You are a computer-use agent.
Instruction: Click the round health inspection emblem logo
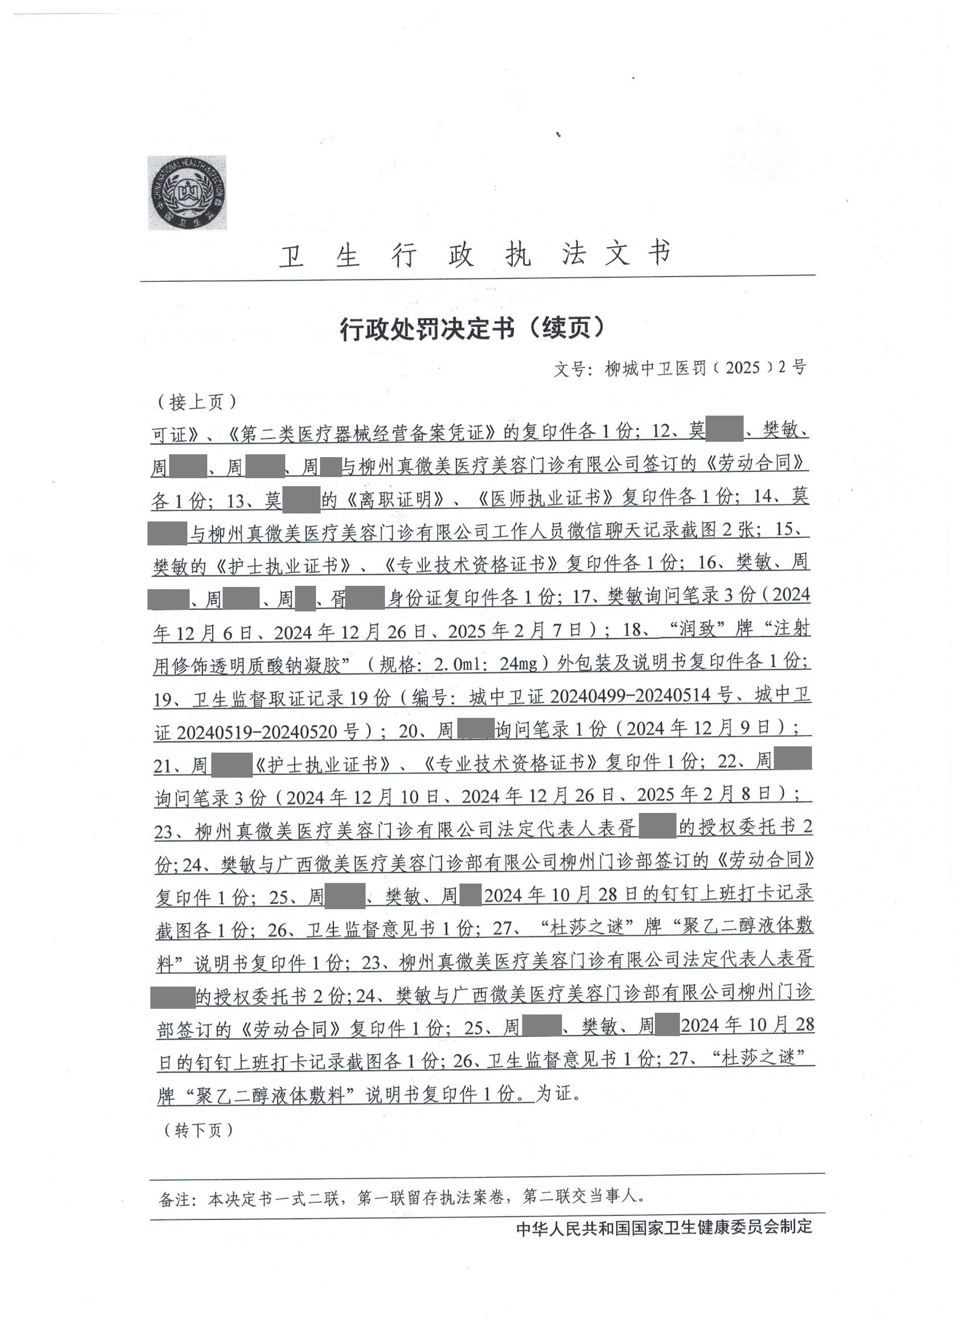(187, 192)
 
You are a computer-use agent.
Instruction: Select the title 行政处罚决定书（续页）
(473, 328)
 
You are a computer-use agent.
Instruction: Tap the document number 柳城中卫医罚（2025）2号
(705, 368)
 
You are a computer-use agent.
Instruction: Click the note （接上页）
(196, 402)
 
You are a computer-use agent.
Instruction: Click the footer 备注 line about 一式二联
(401, 1197)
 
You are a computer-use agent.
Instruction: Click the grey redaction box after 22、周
(793, 759)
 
